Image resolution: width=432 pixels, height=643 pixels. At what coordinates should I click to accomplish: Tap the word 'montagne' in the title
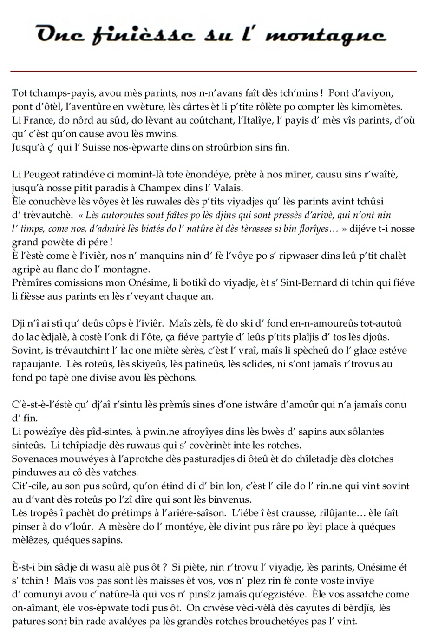click(325, 35)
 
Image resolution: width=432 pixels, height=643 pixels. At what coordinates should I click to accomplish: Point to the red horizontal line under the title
click(214, 71)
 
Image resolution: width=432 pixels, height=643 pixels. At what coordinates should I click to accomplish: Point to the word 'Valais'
click(228, 188)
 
